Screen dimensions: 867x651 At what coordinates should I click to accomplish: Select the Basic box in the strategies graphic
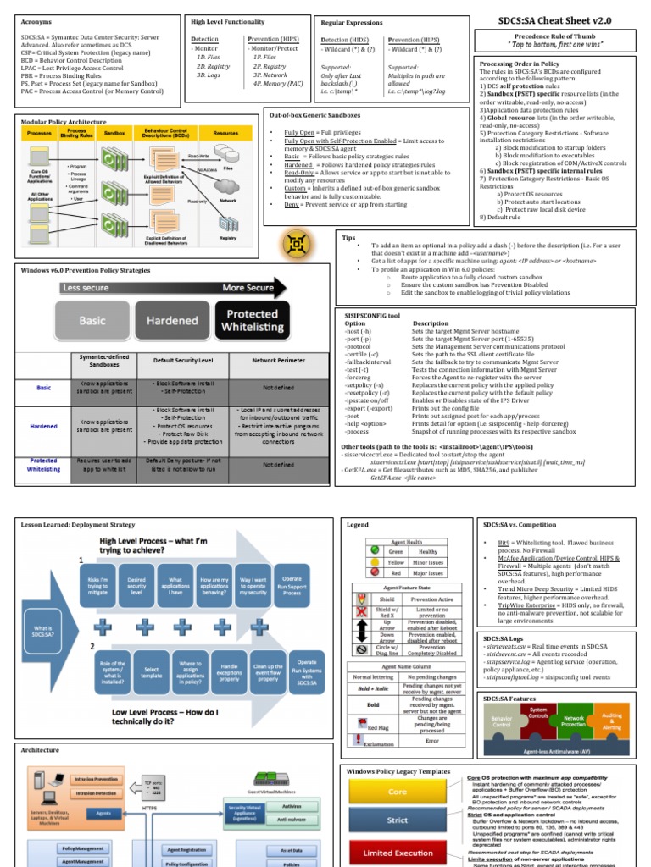(92, 322)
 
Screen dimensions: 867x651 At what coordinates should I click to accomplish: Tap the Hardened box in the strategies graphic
(172, 322)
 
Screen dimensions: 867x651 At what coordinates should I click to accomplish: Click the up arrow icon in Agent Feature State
(363, 624)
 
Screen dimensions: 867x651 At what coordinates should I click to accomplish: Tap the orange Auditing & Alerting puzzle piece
(611, 721)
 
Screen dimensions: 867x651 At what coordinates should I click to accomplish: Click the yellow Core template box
(398, 792)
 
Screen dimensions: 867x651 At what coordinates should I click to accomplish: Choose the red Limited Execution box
(398, 853)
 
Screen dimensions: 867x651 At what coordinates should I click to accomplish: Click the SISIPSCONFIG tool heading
(370, 314)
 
